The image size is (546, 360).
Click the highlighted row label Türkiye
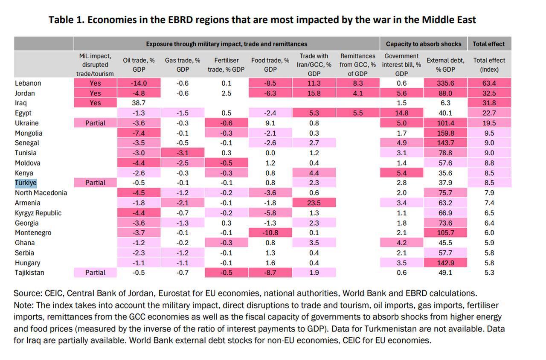[26, 183]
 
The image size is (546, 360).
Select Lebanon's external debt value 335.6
[445, 83]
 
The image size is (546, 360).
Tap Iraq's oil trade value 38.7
[139, 103]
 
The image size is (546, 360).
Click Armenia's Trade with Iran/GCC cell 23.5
[314, 203]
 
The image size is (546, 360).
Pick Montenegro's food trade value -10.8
[270, 232]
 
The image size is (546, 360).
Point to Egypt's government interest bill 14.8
[401, 113]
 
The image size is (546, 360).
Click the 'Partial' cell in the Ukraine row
[95, 123]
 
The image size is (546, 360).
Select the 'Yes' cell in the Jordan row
[95, 93]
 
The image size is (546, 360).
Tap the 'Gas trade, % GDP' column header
[182, 65]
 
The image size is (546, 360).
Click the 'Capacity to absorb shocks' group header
[423, 44]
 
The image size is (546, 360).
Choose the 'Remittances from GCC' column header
[357, 65]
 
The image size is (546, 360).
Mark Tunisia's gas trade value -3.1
[182, 153]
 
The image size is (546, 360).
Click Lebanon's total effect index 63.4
[489, 83]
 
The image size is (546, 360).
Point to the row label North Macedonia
[41, 193]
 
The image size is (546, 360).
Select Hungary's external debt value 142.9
[445, 263]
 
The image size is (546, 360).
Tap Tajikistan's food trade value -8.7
[270, 273]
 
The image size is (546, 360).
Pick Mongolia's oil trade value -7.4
[139, 133]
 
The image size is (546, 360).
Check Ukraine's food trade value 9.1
[270, 123]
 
